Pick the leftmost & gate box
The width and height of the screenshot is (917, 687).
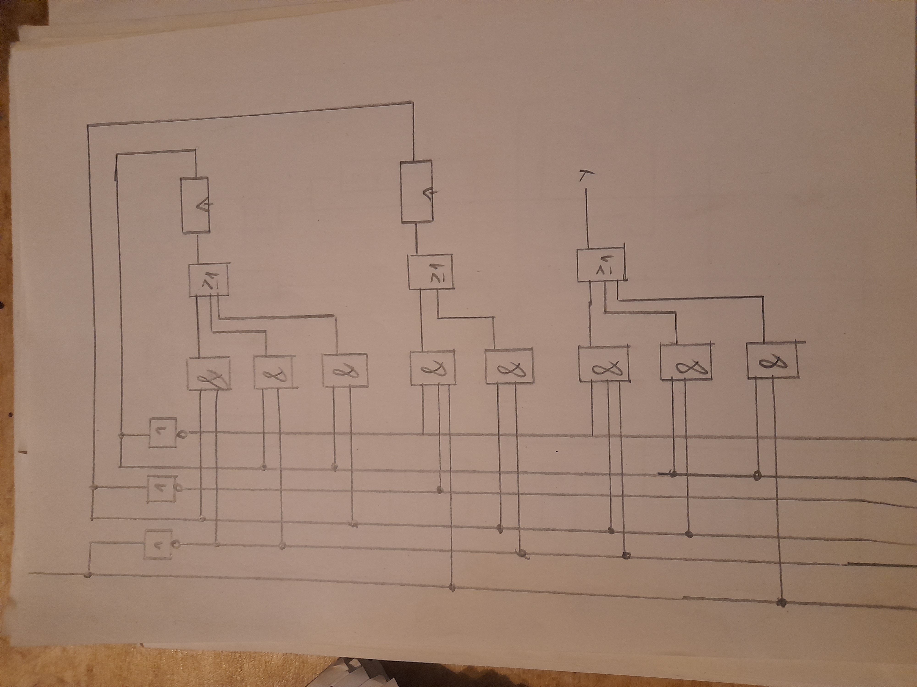click(209, 373)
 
